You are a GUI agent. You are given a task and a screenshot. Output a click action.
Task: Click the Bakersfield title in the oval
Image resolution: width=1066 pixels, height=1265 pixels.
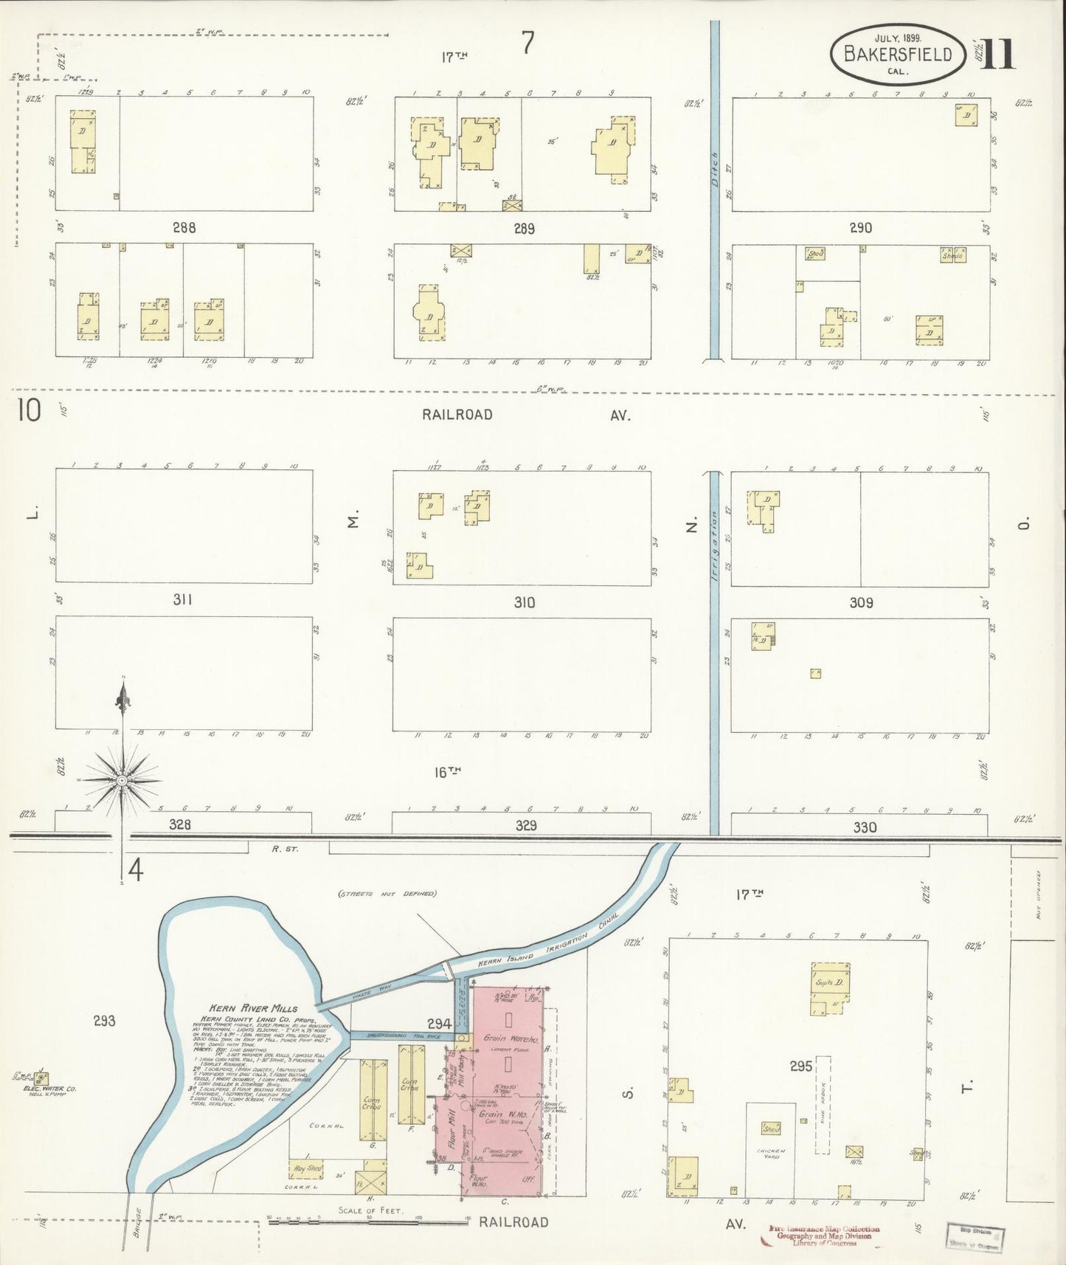point(897,53)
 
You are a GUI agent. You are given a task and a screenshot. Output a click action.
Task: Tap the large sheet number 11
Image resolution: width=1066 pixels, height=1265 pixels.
point(999,53)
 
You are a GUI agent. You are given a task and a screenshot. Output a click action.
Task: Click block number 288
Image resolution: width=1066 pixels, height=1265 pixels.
point(184,228)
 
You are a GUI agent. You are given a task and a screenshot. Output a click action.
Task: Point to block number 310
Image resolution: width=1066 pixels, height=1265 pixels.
point(524,603)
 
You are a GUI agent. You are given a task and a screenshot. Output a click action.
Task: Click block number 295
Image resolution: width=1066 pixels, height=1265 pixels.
point(800,1066)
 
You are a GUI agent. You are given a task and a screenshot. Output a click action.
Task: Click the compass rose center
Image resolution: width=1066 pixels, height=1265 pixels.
point(122,779)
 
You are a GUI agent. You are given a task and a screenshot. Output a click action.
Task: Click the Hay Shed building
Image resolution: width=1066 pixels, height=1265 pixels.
point(305,1168)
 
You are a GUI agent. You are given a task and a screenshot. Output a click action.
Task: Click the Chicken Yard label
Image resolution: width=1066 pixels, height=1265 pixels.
point(771,1153)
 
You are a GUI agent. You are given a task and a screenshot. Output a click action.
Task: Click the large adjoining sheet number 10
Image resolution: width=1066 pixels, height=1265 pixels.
point(30,410)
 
